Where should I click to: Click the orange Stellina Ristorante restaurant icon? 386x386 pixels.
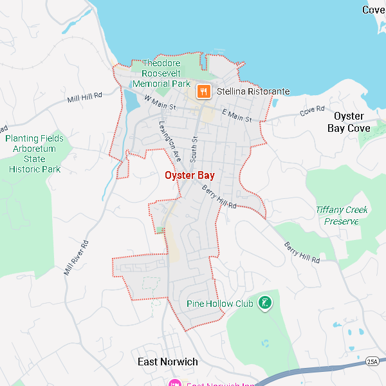[x=203, y=91]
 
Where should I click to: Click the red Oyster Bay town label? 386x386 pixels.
[x=189, y=175]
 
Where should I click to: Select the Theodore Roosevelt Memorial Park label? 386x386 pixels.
[x=161, y=73]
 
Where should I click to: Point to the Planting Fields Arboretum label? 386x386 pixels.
[x=35, y=154]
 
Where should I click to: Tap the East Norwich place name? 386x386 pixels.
[x=168, y=362]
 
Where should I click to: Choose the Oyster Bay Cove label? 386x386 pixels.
[x=349, y=122]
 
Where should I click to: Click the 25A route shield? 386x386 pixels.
[x=372, y=362]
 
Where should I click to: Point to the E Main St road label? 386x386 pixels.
[x=235, y=116]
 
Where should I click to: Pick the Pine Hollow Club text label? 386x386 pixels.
[x=219, y=304]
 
